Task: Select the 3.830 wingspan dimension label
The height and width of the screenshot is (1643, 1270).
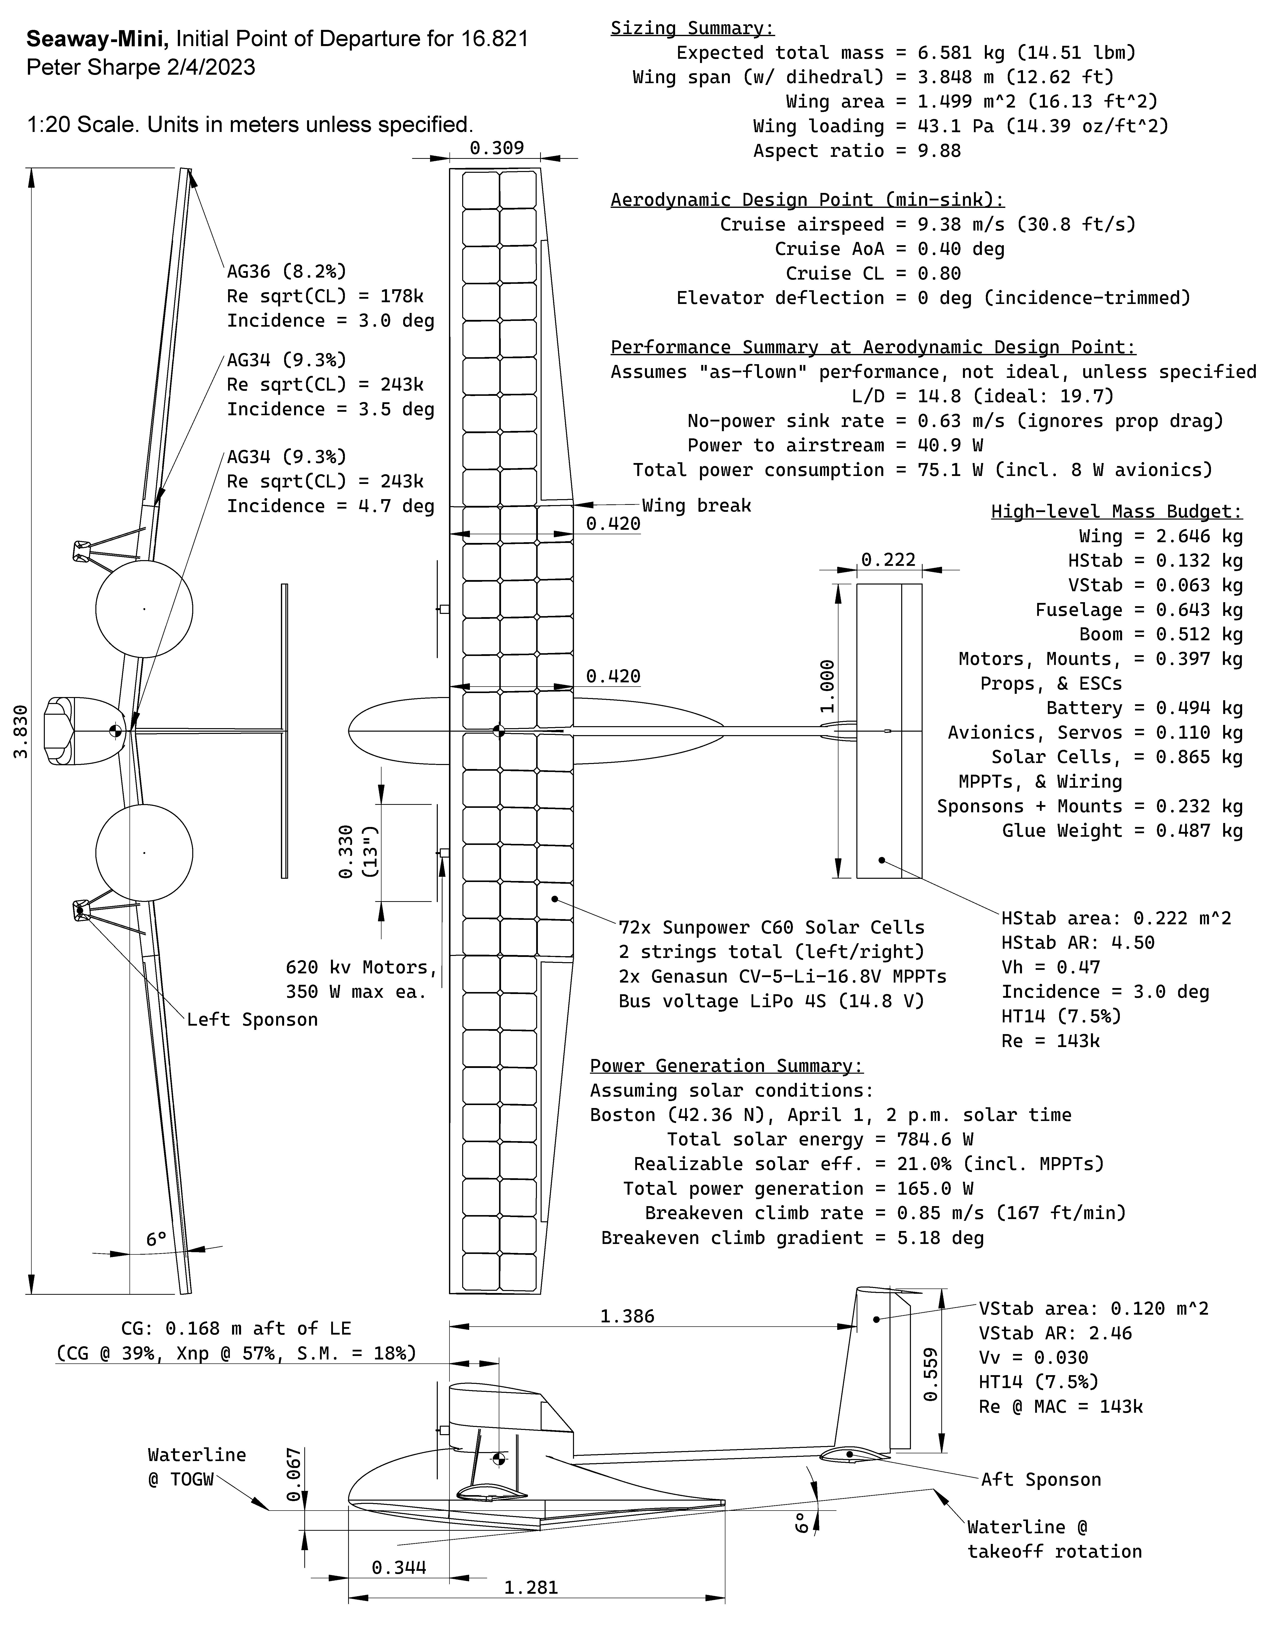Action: (x=21, y=731)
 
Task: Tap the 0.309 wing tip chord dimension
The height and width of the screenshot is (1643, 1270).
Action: (x=497, y=147)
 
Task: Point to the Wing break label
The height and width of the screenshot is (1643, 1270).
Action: (x=696, y=506)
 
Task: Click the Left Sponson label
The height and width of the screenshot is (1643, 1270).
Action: (x=252, y=1019)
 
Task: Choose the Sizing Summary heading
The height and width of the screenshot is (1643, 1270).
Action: (x=692, y=28)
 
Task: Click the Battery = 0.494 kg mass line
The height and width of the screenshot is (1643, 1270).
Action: (x=1143, y=708)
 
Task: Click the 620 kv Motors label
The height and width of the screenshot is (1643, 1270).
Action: (x=361, y=967)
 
